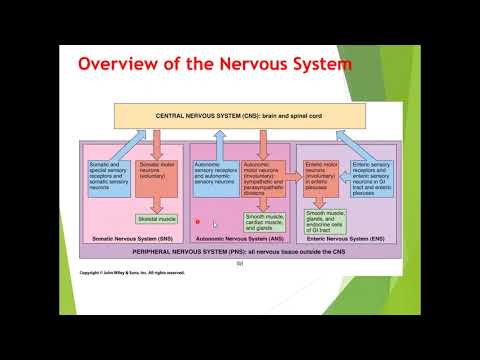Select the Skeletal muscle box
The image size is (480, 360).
(155, 217)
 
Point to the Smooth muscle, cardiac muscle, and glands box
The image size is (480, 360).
(265, 221)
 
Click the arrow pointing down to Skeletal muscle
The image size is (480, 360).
(155, 202)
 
